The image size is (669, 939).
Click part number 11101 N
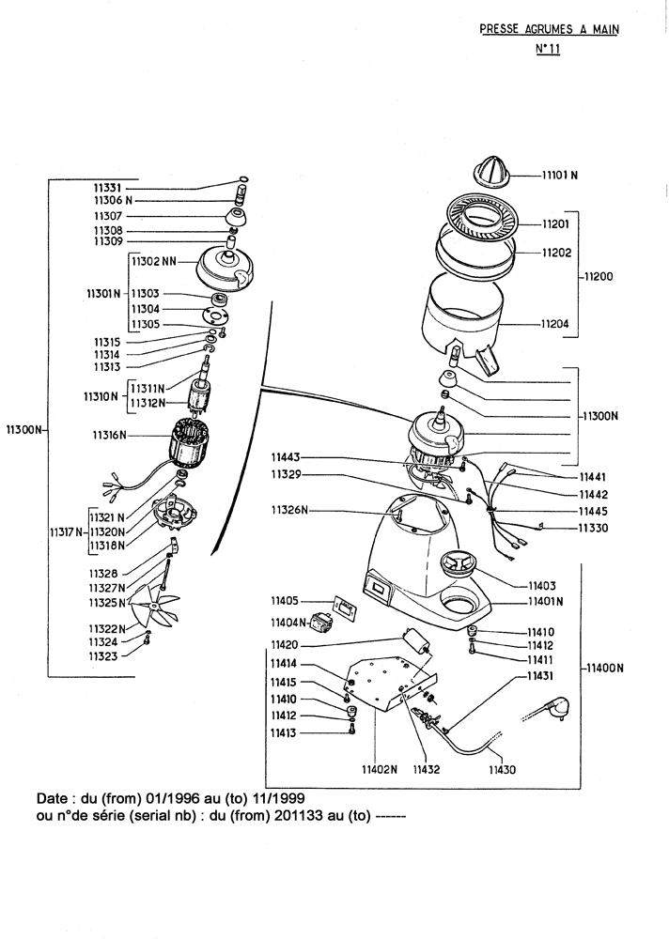tap(562, 175)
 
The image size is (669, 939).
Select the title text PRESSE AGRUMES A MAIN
tap(550, 29)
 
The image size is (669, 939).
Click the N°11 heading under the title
tap(547, 52)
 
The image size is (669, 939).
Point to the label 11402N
tap(381, 769)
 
